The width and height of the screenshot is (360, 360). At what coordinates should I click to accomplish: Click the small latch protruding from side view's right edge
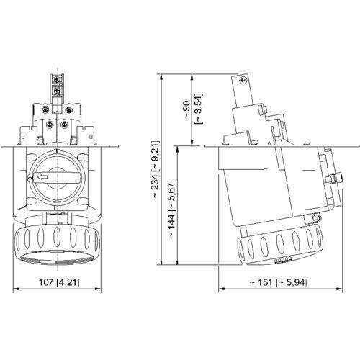click(x=333, y=177)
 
